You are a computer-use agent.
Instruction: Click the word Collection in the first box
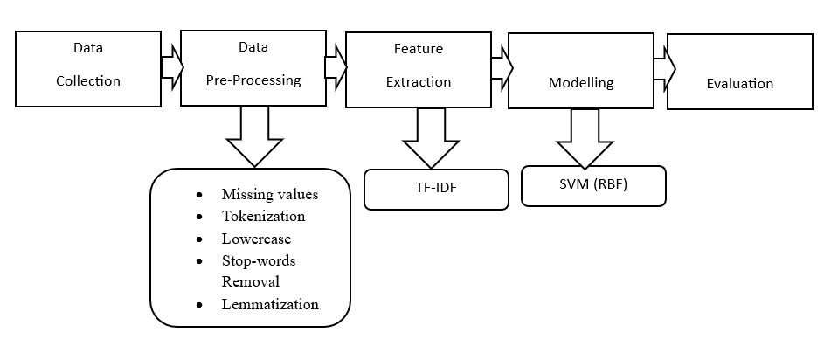(87, 81)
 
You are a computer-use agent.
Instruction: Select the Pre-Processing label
(253, 80)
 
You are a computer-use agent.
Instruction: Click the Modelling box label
(581, 83)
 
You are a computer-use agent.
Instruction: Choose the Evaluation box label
(739, 84)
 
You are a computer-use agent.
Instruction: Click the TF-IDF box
(436, 189)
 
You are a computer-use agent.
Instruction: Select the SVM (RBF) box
(593, 185)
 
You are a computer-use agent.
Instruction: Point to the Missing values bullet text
(270, 194)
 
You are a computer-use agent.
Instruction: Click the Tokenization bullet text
(263, 216)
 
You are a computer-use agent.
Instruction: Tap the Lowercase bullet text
(256, 238)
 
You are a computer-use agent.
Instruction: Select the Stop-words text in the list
(259, 260)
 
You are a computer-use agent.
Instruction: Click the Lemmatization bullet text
(270, 304)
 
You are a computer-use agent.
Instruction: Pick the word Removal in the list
(250, 281)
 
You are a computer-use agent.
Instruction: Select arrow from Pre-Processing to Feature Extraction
(336, 66)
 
